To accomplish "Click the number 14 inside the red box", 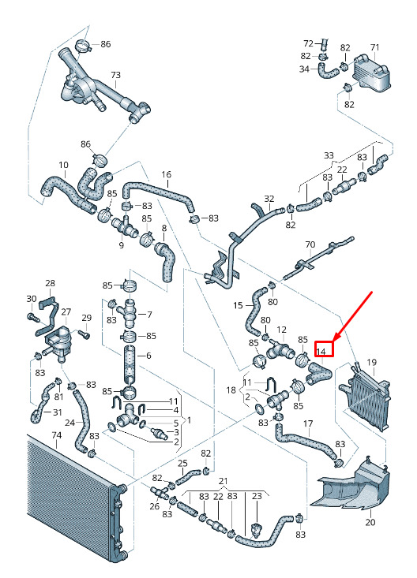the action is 321,352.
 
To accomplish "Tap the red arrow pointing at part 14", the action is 352,317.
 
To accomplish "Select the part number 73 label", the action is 115,75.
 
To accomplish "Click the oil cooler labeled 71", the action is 370,73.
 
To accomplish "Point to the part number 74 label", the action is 56,435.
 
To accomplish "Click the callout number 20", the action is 370,522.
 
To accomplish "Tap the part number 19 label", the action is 371,363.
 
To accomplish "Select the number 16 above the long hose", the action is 166,174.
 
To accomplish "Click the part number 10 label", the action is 63,165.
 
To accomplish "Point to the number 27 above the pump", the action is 66,311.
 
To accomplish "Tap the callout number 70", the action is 310,244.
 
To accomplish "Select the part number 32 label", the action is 269,199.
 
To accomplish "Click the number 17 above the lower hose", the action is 308,424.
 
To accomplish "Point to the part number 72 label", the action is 308,43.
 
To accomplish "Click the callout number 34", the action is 304,69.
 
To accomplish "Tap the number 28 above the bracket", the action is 50,283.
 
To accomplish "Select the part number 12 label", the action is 281,330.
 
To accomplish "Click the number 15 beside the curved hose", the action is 238,305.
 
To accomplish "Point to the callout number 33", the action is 329,155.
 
